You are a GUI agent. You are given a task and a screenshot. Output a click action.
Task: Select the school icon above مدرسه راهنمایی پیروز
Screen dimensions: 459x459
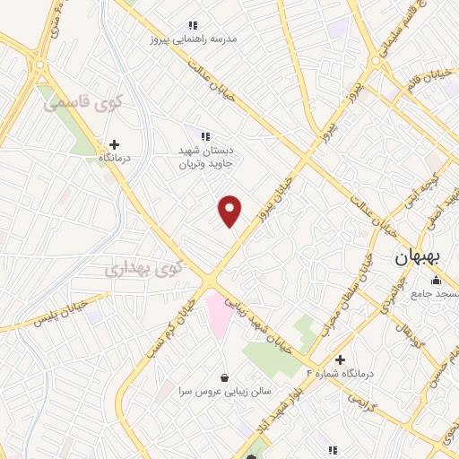(x=192, y=26)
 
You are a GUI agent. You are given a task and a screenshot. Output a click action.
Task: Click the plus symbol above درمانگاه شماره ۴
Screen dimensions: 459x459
(x=339, y=359)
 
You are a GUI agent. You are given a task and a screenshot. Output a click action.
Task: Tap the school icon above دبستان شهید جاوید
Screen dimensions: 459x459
(x=205, y=137)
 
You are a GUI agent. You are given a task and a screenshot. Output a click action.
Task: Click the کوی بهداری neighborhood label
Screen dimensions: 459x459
(x=143, y=267)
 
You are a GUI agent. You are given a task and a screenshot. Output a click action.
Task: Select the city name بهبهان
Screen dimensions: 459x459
(x=418, y=256)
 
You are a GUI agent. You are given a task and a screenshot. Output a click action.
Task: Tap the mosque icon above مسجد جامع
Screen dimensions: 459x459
(x=436, y=281)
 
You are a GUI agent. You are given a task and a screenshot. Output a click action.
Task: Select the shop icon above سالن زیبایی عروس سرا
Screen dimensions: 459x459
(x=223, y=378)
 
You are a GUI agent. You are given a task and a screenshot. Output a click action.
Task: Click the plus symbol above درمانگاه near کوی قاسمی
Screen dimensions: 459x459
(x=114, y=144)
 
